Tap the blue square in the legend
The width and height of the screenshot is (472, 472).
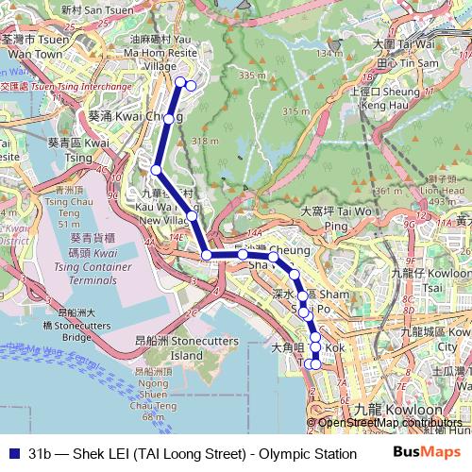(10, 453)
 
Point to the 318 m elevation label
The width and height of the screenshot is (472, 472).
(205, 142)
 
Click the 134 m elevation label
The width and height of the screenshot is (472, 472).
(329, 54)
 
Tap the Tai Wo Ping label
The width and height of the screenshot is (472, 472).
(337, 219)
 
